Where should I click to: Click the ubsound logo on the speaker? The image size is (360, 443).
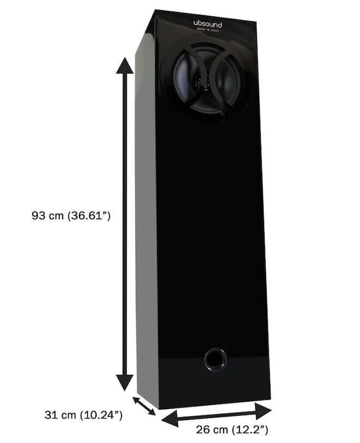pyautogui.click(x=207, y=23)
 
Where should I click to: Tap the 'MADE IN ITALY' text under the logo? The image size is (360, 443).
pyautogui.click(x=208, y=31)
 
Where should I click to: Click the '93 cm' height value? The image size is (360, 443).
pyautogui.click(x=49, y=216)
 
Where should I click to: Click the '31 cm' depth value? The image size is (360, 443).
pyautogui.click(x=61, y=415)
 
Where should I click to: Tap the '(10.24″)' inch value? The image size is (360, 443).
pyautogui.click(x=100, y=415)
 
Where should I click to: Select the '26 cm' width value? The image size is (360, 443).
pyautogui.click(x=212, y=430)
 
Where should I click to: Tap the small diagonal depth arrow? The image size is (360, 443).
pyautogui.click(x=144, y=405)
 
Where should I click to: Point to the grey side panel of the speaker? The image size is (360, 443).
pyautogui.click(x=145, y=218)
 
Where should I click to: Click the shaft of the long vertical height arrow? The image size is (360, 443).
pyautogui.click(x=125, y=163)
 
